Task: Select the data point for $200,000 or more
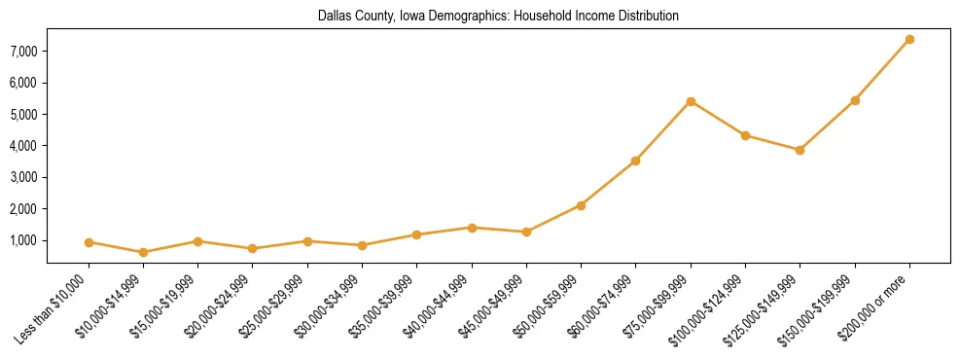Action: pos(909,39)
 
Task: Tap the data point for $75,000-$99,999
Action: pos(691,101)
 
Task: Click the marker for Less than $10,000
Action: pos(89,242)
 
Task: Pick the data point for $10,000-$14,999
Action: pos(143,252)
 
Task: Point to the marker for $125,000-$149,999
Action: pos(800,150)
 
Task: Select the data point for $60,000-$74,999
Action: pos(635,161)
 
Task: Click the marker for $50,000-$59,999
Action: pos(581,205)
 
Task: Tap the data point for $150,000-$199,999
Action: pos(855,100)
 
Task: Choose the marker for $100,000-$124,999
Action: pos(745,135)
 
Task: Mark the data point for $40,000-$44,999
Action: pos(472,228)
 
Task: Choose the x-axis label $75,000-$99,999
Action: pos(658,310)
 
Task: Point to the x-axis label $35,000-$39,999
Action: pos(383,310)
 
